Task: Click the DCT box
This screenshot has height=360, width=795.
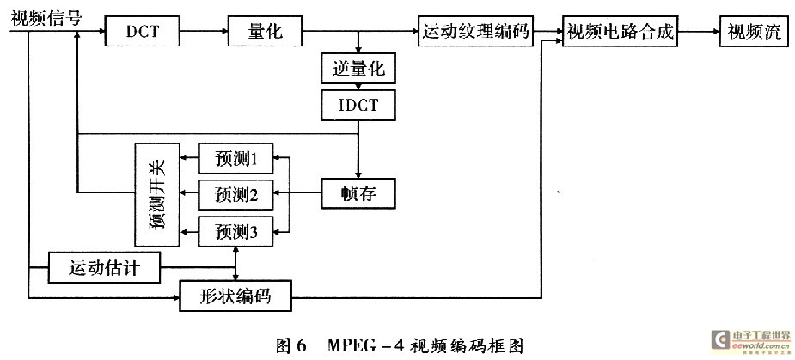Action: tap(143, 33)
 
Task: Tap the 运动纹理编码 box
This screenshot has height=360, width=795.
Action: tap(474, 33)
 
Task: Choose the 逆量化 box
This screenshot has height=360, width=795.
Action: tap(358, 70)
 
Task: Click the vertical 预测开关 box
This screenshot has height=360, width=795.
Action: tap(156, 194)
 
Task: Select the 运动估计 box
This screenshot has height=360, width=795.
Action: tap(104, 268)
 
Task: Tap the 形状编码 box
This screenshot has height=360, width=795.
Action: tap(236, 296)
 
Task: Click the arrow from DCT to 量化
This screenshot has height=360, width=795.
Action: tap(205, 33)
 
